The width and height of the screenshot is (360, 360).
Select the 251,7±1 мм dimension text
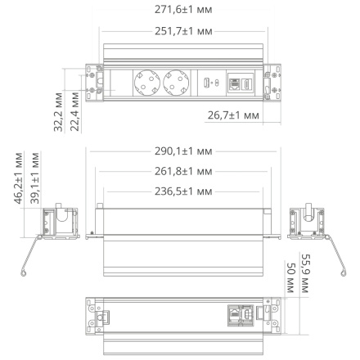pos(178,30)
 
